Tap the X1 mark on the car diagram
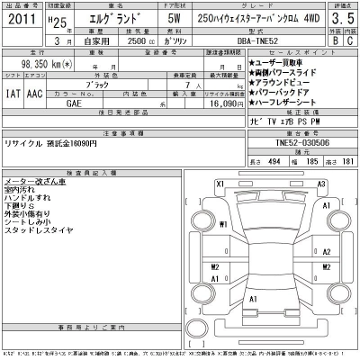pos(220,184)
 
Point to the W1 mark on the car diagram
pos(222,225)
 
